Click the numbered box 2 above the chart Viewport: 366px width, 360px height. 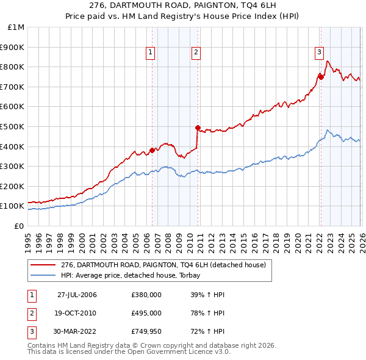196,53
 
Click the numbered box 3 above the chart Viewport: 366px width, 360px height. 319,53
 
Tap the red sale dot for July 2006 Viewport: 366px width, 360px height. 152,150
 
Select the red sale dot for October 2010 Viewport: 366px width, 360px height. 198,128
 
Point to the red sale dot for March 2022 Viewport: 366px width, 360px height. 321,77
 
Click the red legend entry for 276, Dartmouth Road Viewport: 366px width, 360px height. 163,265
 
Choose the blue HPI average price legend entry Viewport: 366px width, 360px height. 135,276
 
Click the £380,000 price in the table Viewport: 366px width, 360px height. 146,295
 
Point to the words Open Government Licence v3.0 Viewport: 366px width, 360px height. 177,352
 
